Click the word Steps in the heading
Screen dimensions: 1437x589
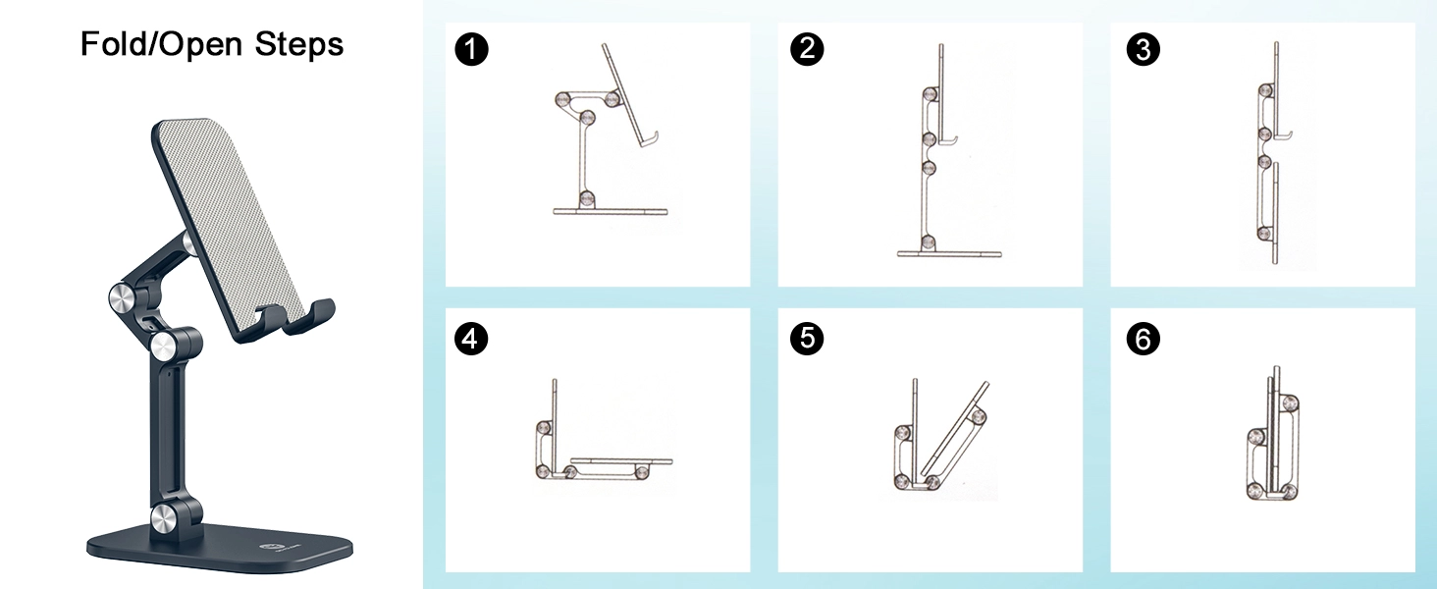(x=299, y=45)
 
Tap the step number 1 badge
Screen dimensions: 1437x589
(x=471, y=49)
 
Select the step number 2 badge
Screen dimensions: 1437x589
(x=807, y=49)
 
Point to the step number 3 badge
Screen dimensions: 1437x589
(x=1144, y=49)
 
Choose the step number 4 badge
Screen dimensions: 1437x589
(x=471, y=339)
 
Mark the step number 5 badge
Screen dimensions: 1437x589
(x=807, y=339)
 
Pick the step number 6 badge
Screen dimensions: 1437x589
(x=1144, y=339)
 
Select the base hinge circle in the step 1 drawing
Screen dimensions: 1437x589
(x=587, y=199)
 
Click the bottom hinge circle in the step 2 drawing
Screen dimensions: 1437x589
(x=928, y=242)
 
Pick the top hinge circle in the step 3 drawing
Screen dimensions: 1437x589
(x=1265, y=91)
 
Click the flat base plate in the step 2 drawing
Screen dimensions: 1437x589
(x=949, y=254)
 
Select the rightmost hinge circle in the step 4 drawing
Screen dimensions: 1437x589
(x=642, y=473)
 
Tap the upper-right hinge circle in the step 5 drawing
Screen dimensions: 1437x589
(x=978, y=416)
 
